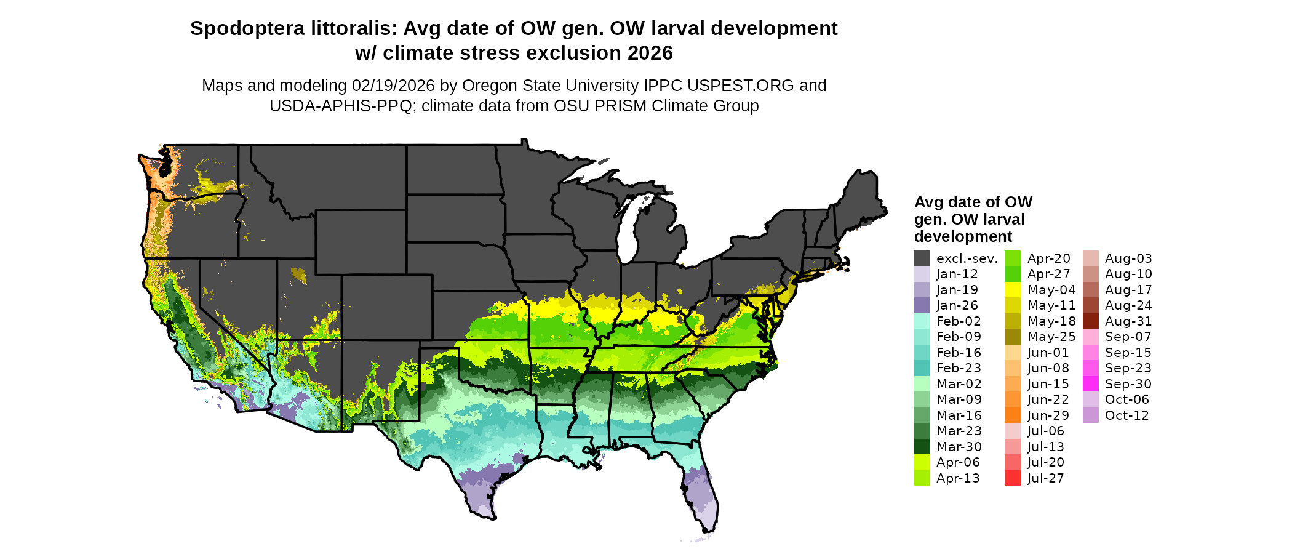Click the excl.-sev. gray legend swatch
coord(922,258)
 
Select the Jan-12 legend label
coord(957,274)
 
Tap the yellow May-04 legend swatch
coord(1012,290)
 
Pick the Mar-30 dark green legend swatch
coord(922,447)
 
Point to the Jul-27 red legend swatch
coord(1012,478)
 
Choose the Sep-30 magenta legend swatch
coord(1090,384)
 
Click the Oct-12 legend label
coord(1127,415)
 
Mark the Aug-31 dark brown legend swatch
coord(1090,321)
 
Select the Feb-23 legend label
coord(959,368)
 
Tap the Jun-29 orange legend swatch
coord(1012,415)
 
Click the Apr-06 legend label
coord(958,462)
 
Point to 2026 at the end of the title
coord(650,53)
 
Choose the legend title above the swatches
coord(973,219)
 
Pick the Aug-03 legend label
coord(1128,258)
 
